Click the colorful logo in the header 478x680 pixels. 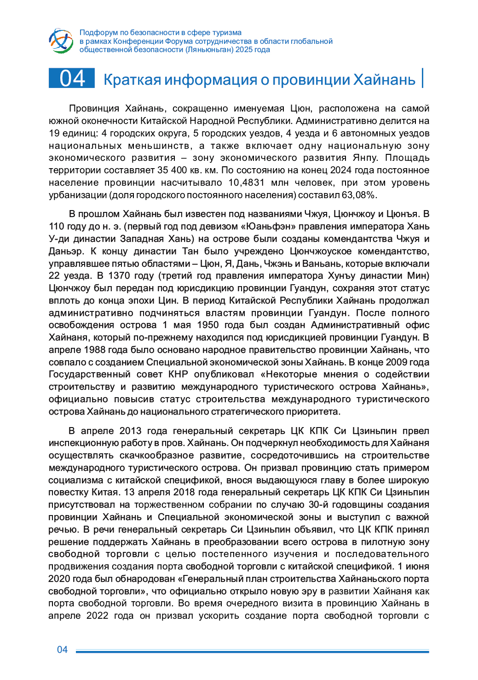[61, 41]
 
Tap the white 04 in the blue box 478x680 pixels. [72, 78]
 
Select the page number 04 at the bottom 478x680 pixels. [62, 650]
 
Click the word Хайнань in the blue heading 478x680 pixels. [384, 80]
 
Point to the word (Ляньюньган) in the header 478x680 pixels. [209, 50]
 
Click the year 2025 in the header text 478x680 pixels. [244, 50]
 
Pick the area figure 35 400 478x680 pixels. [172, 170]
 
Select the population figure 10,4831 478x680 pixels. [246, 182]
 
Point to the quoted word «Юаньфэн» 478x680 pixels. [265, 226]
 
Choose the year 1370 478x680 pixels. [120, 276]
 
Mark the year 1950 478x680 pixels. [207, 325]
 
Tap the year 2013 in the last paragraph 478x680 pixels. [130, 431]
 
